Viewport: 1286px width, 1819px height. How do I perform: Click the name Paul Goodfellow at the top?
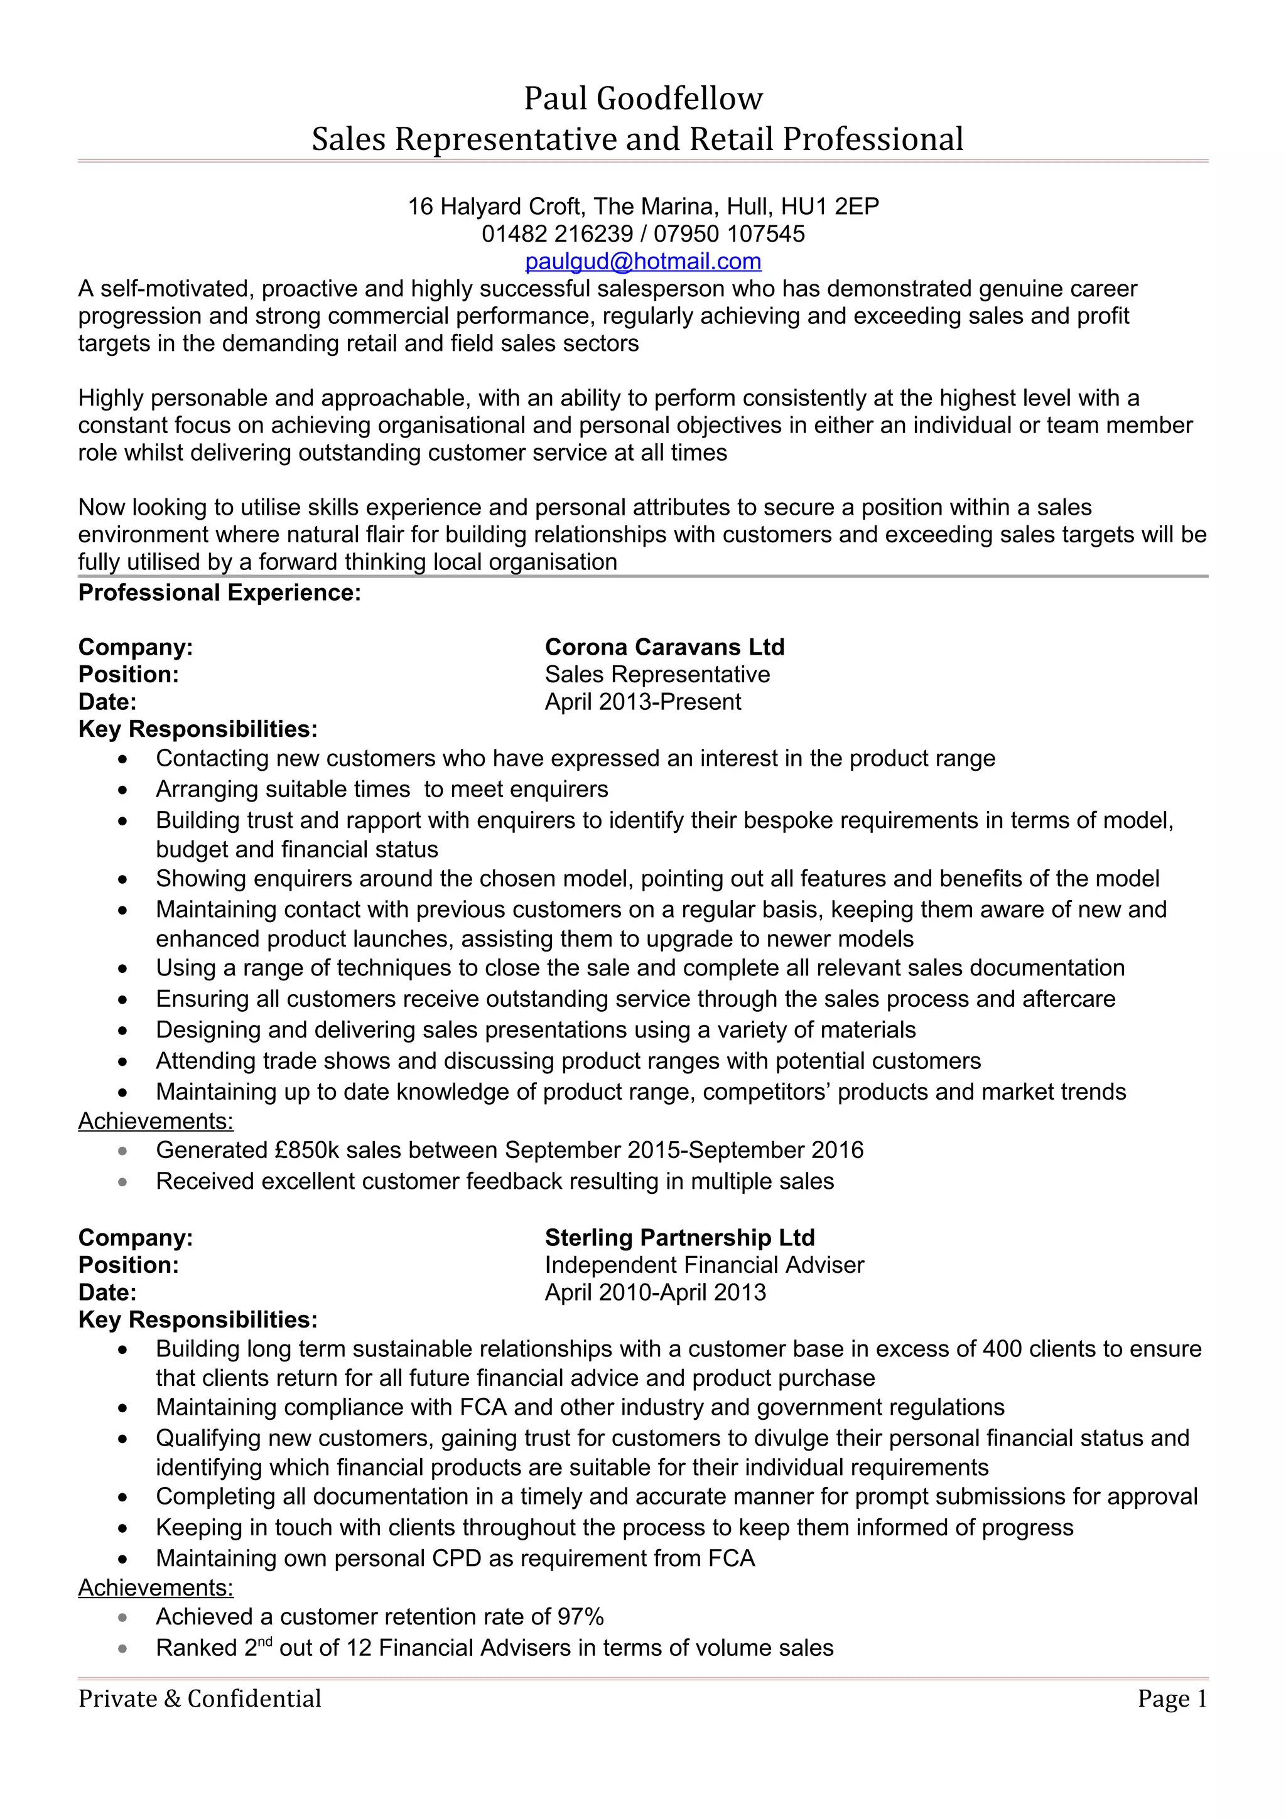point(642,99)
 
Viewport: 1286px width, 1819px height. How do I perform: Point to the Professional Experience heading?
point(220,593)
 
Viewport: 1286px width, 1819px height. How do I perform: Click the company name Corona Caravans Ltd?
point(664,647)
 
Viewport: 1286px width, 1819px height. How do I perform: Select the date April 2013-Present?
point(642,702)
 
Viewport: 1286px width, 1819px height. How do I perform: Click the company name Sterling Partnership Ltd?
point(679,1238)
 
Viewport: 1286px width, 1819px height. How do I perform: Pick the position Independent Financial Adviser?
point(704,1265)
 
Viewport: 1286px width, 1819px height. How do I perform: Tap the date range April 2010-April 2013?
point(656,1292)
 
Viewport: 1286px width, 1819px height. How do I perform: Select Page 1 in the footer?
point(1171,1698)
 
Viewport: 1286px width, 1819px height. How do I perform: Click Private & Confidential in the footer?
point(200,1698)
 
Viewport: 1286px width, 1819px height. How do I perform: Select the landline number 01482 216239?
point(557,233)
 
